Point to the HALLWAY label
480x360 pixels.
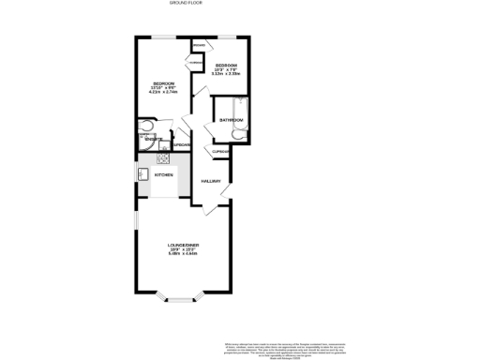click(x=212, y=182)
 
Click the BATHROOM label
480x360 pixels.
click(x=232, y=121)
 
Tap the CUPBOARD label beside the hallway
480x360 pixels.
click(x=220, y=152)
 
